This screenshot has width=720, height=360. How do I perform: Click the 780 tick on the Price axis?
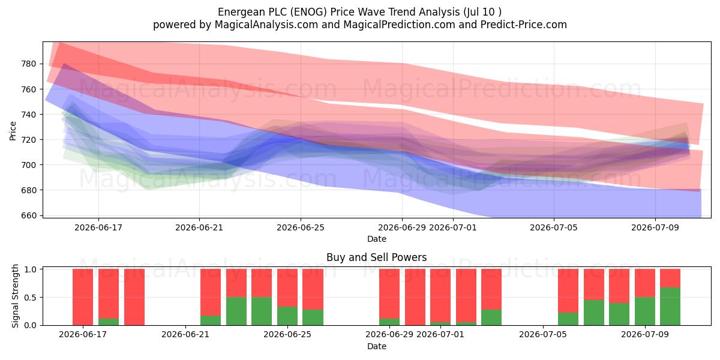click(29, 64)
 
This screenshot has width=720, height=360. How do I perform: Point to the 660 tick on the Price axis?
click(29, 215)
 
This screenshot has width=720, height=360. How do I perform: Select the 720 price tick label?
click(29, 140)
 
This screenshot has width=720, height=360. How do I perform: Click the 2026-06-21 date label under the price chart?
click(199, 228)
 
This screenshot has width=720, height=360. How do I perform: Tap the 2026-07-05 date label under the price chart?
click(554, 228)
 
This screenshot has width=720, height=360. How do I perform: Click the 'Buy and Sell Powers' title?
click(377, 257)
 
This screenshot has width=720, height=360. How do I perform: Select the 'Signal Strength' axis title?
click(15, 296)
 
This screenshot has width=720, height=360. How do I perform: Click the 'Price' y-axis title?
click(13, 131)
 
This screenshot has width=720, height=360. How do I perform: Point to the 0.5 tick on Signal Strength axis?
click(30, 298)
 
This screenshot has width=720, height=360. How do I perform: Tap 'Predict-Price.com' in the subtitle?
click(524, 25)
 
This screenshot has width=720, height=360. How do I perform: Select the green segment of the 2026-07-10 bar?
click(670, 307)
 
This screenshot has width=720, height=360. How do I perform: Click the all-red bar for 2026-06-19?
click(134, 297)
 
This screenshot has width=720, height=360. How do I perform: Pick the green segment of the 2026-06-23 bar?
click(236, 311)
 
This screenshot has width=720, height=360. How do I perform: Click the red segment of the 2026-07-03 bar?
click(491, 289)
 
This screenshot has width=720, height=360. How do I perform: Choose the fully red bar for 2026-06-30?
click(415, 297)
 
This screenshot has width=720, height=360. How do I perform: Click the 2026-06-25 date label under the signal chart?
click(287, 335)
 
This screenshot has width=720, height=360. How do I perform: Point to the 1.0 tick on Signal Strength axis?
click(30, 269)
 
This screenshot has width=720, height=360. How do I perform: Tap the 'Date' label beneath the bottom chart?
click(377, 347)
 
